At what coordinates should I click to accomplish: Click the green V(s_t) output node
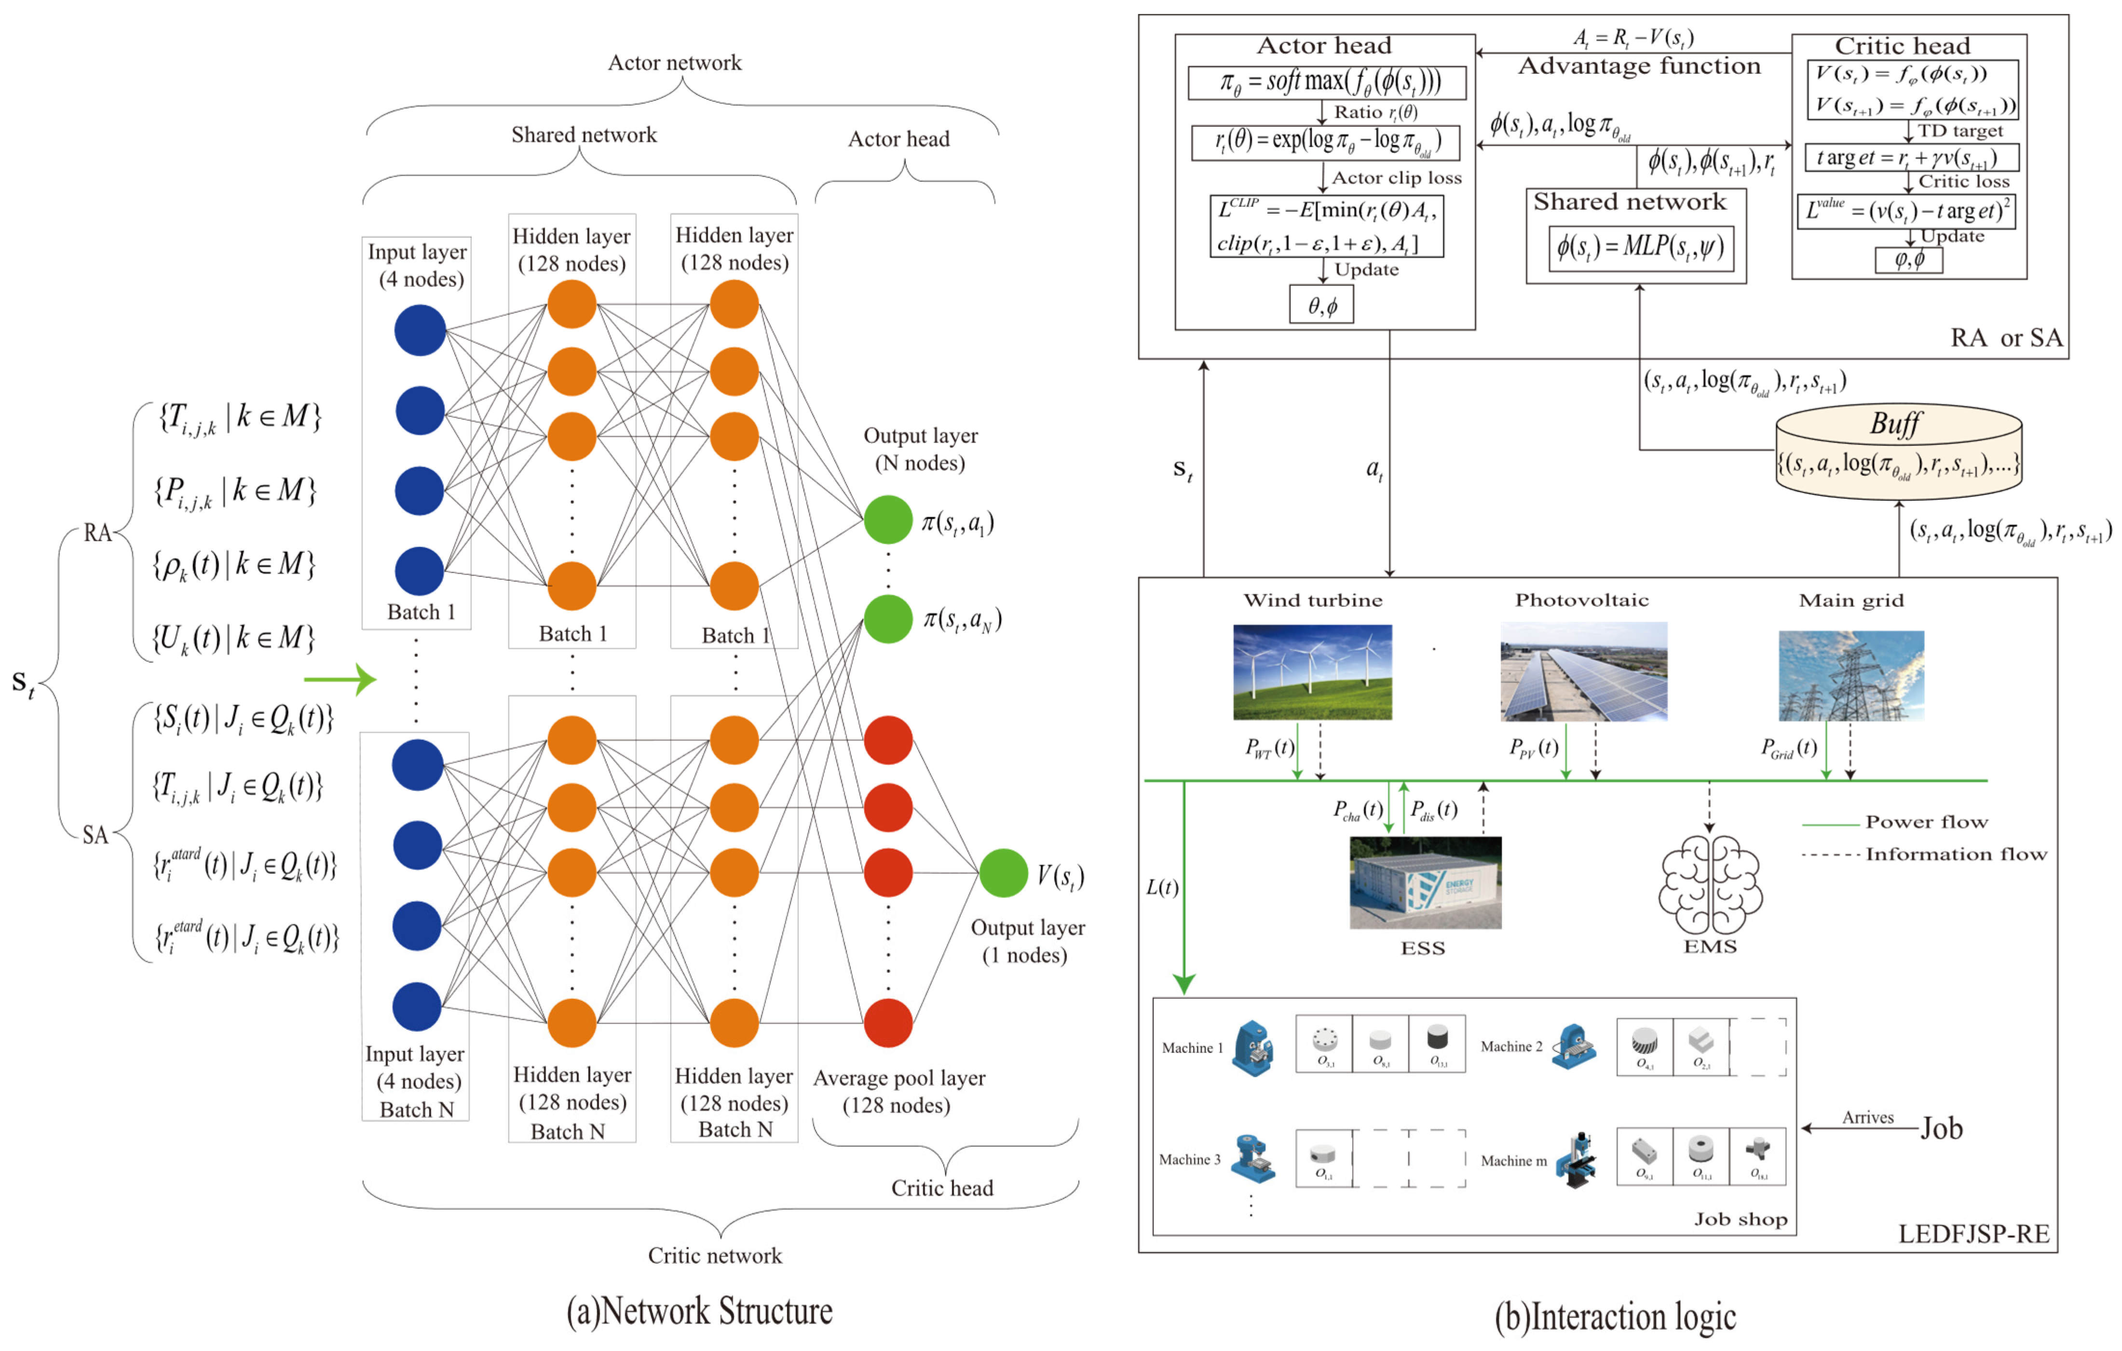coord(1003,873)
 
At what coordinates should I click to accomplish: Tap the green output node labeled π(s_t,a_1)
coord(887,520)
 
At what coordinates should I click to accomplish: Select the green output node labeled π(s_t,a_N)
coord(887,619)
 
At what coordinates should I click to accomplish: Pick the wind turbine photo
coord(1312,672)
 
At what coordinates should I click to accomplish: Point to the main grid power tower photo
coord(1850,675)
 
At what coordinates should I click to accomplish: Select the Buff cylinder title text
coord(1895,424)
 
